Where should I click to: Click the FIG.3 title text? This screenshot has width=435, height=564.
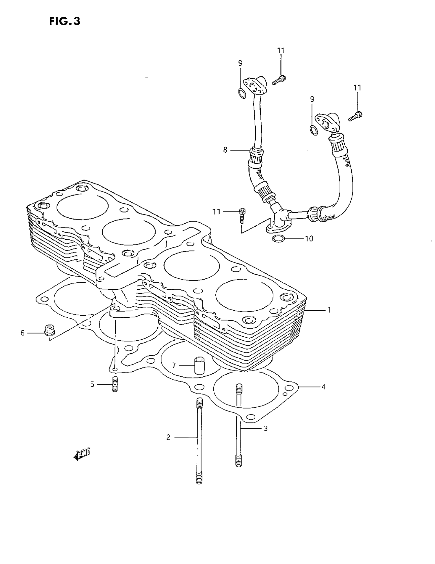click(x=65, y=21)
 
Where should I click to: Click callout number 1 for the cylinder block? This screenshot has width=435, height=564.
click(x=329, y=310)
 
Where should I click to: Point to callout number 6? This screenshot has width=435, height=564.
click(x=23, y=333)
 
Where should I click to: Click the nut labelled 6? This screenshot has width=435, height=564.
click(x=47, y=330)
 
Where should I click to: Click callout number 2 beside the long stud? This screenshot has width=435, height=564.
click(x=168, y=438)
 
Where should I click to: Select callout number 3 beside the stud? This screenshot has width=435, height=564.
click(x=265, y=429)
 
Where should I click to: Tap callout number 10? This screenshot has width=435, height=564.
click(x=309, y=239)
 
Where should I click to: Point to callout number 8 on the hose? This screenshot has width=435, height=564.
click(x=225, y=150)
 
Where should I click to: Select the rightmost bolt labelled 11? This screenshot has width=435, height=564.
click(x=355, y=116)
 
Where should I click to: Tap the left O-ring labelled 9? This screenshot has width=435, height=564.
click(x=242, y=93)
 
